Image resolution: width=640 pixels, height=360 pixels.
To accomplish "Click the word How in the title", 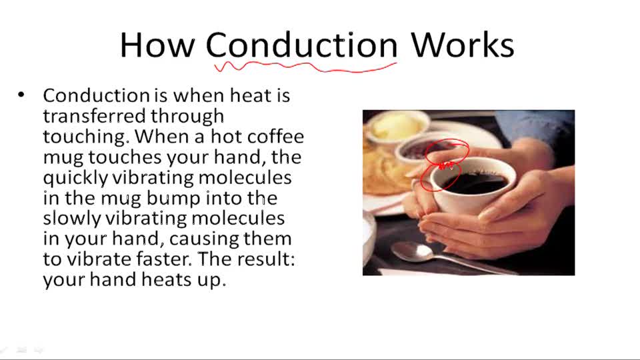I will click(157, 45).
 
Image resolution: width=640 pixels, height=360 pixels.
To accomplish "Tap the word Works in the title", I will click(462, 45).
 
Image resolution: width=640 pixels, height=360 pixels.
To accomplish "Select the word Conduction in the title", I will click(301, 45).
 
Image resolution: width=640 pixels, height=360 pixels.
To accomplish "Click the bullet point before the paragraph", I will click(22, 95).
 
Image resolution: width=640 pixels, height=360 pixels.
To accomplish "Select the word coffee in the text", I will click(275, 137).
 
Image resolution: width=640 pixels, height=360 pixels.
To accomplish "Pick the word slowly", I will click(72, 219).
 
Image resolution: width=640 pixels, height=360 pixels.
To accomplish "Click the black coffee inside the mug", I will click(477, 182).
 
